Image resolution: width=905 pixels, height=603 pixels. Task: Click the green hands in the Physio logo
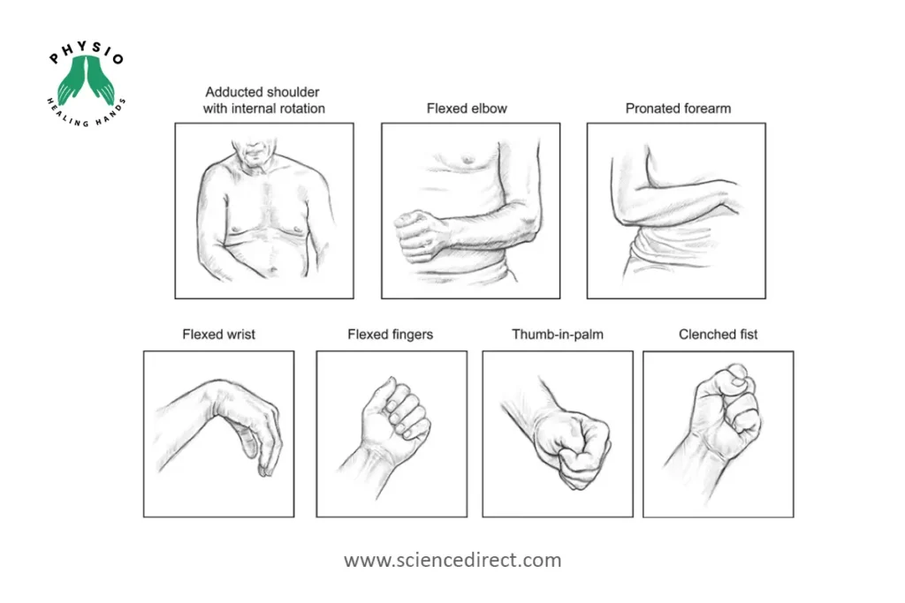click(86, 80)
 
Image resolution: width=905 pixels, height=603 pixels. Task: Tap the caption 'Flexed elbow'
click(467, 109)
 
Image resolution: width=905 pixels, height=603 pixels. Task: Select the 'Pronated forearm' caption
click(678, 109)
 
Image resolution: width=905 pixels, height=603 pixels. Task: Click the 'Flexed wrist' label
click(219, 335)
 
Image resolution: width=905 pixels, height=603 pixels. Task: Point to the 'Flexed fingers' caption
click(390, 335)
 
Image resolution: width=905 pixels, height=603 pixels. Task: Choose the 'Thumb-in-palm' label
click(558, 335)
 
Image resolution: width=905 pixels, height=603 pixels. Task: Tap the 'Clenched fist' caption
click(718, 335)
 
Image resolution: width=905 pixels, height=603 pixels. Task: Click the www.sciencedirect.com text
click(452, 560)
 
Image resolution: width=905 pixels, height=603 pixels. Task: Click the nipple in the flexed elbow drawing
click(468, 159)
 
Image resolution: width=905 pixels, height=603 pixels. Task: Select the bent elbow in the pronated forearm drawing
click(620, 218)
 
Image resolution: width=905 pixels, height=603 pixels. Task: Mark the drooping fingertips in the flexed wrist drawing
click(264, 470)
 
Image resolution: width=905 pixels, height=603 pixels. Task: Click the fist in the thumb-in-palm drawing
click(574, 447)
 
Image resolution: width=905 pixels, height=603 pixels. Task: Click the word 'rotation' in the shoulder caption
click(303, 109)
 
